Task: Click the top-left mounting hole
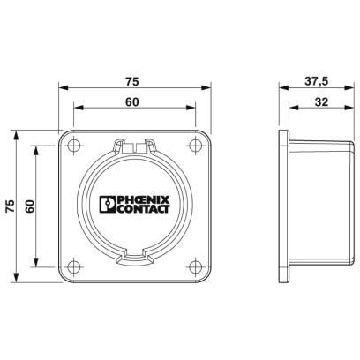pos(73,146)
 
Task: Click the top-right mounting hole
pos(195,146)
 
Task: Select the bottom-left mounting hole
pos(73,267)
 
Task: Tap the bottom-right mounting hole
pos(195,267)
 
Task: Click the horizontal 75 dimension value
pos(131,81)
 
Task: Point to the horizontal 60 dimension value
pos(131,102)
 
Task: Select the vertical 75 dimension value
pos(11,206)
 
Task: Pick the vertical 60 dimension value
pos(30,206)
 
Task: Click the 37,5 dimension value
pos(316,81)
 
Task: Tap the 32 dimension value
pos(321,102)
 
